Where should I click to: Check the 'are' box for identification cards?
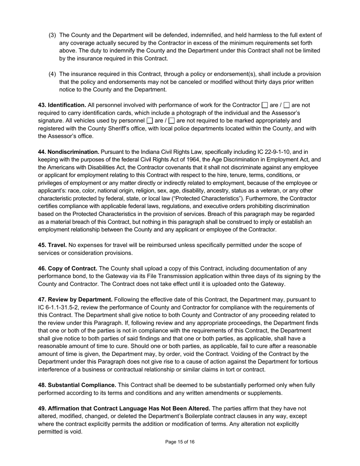(265, 105)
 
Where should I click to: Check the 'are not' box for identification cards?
(287, 105)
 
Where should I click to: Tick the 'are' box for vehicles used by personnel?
(150, 121)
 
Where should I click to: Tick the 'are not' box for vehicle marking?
(172, 121)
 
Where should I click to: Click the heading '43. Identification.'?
(62, 105)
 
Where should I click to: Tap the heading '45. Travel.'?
(52, 245)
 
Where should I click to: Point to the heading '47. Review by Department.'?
(75, 300)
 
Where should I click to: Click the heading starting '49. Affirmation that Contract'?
(124, 408)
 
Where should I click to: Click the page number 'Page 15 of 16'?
(180, 442)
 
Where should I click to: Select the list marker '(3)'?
(52, 35)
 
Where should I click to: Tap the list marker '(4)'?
(52, 74)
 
